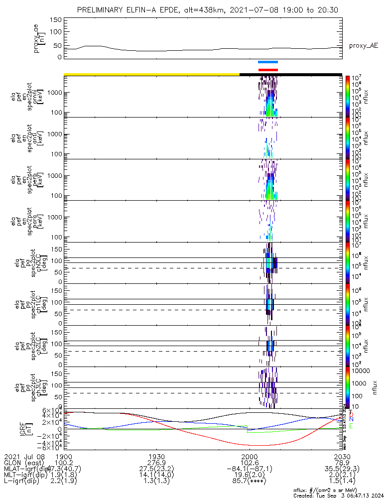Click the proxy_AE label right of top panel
363,45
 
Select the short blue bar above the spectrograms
267,62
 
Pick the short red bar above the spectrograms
268,70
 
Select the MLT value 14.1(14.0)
157,476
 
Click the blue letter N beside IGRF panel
351,420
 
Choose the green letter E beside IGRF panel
351,426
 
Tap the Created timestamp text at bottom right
339,495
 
